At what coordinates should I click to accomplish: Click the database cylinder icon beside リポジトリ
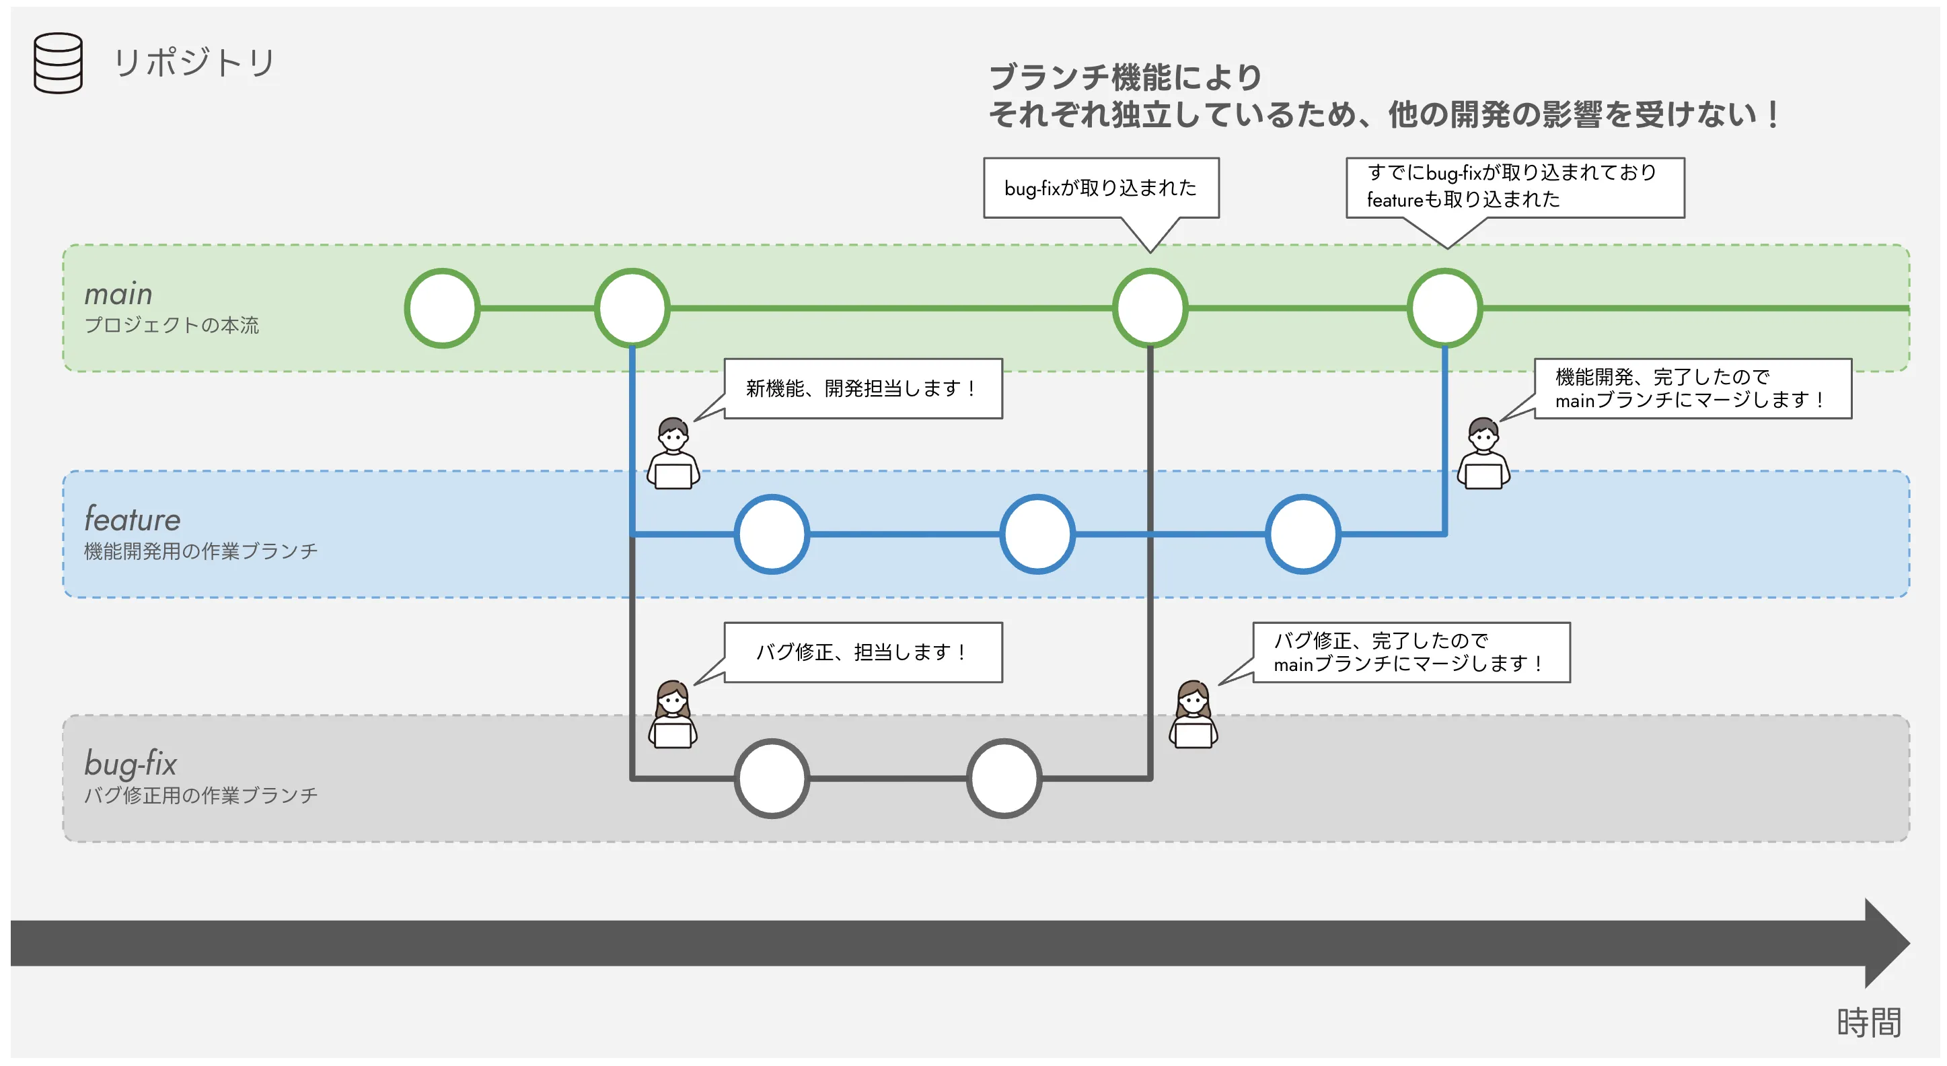click(x=59, y=63)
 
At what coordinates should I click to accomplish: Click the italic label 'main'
click(x=118, y=293)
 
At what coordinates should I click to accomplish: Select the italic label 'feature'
click(x=133, y=520)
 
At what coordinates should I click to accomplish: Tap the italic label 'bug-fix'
click(x=130, y=764)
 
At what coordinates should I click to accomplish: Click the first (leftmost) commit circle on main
click(x=442, y=308)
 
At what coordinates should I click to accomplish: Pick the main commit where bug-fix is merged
click(x=1150, y=308)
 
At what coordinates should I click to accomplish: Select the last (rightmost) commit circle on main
click(x=1444, y=308)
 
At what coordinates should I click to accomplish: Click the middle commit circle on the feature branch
click(x=1037, y=534)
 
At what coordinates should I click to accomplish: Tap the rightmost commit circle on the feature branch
click(x=1303, y=534)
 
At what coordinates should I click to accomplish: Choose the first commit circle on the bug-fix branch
click(x=772, y=779)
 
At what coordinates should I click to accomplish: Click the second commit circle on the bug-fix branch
click(x=1004, y=779)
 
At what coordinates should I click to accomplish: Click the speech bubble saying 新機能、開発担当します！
click(x=862, y=388)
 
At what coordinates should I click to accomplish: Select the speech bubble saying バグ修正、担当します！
click(x=862, y=652)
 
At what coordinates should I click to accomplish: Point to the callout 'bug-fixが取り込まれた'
click(x=1101, y=188)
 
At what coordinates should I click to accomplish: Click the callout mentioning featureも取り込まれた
click(x=1514, y=186)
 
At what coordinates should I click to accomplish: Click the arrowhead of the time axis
click(x=1886, y=944)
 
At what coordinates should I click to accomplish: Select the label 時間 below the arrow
click(x=1868, y=1022)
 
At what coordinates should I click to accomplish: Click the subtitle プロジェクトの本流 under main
click(x=172, y=325)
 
